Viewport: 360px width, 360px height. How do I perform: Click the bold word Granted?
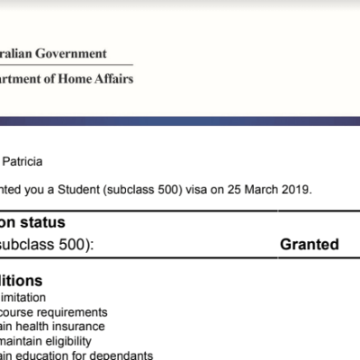point(309,244)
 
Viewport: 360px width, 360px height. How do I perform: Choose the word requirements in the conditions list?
point(76,311)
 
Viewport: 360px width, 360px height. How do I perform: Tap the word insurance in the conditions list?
point(79,326)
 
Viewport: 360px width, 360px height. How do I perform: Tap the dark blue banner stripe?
point(180,120)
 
